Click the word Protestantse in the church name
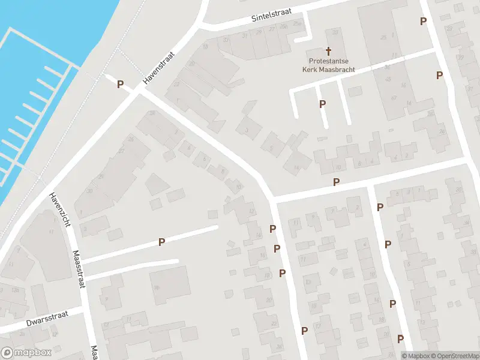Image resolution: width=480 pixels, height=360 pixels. [328, 61]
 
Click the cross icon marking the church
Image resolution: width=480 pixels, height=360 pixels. [328, 50]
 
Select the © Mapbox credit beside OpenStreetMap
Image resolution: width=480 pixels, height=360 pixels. [413, 356]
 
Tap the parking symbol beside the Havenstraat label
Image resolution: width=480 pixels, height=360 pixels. [120, 85]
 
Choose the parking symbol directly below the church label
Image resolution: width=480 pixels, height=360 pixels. [323, 104]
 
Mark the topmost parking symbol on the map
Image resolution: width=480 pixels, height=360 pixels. [423, 21]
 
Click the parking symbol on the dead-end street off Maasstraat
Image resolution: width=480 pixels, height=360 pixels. [161, 242]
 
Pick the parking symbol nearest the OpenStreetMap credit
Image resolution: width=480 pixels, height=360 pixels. [400, 339]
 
